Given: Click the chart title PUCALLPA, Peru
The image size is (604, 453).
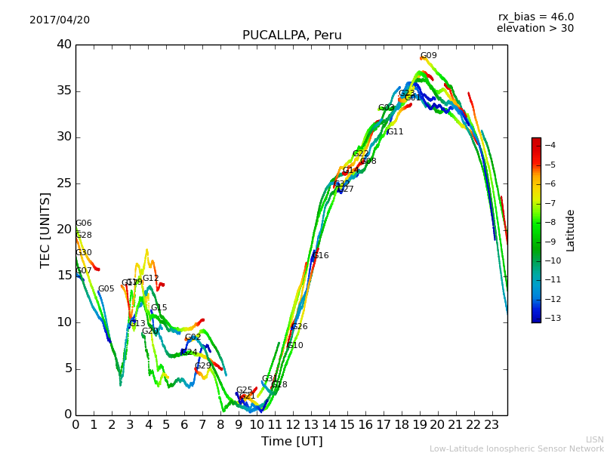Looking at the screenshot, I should [291, 35].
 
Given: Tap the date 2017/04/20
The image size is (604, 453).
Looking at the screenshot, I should [60, 20].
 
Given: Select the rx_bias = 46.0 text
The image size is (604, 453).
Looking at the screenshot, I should [535, 17].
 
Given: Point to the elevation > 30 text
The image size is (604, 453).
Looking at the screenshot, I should [535, 29].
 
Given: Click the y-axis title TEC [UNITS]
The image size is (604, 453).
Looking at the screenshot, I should [45, 230].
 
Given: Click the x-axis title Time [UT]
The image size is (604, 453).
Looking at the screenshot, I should [291, 442].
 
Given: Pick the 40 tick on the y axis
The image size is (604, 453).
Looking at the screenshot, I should [63, 45].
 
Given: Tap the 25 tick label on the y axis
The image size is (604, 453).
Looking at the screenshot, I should [63, 183].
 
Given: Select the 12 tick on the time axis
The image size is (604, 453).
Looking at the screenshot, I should [293, 425].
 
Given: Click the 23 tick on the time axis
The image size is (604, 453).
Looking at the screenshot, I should [492, 425].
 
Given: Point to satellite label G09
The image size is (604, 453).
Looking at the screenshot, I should [429, 56].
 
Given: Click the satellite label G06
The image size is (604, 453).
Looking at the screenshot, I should [84, 223].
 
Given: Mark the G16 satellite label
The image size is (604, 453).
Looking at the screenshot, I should [321, 256].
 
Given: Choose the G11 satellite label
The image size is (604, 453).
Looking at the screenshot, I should [395, 132].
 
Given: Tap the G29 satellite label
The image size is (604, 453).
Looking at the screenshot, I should [203, 366].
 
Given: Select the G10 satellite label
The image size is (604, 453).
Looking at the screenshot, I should [295, 346].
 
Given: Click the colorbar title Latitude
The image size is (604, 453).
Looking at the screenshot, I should [571, 230].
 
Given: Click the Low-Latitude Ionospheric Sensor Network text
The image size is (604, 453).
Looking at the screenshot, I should [516, 449].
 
